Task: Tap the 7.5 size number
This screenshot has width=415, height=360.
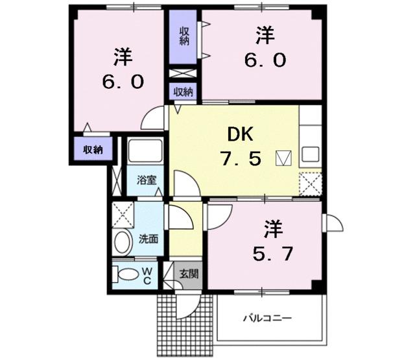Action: point(240,158)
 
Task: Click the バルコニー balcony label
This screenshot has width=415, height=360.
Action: point(267,318)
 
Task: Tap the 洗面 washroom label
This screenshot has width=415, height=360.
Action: point(148,239)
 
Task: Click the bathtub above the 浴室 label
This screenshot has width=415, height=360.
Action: point(145,152)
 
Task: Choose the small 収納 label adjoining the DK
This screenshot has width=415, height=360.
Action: point(184,92)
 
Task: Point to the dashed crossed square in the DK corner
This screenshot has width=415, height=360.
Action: point(309,182)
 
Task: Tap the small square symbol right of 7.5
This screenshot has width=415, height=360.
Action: point(284,158)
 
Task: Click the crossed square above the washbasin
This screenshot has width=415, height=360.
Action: point(121,213)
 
